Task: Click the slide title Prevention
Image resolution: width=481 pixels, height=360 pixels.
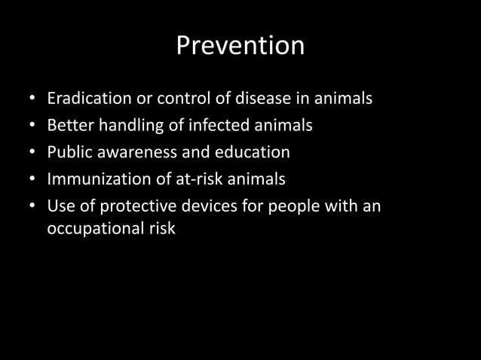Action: [x=240, y=46]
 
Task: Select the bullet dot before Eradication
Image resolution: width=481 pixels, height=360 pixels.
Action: [x=32, y=99]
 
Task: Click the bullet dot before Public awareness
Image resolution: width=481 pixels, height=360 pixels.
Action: [x=32, y=153]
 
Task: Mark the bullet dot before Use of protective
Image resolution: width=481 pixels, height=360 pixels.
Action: [x=32, y=206]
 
